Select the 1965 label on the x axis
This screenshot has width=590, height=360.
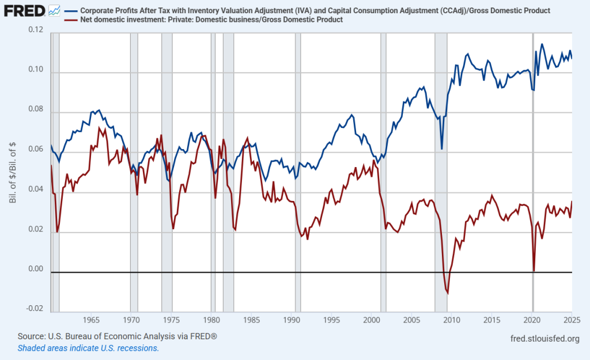(x=91, y=319)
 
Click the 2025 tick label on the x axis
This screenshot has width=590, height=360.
(x=572, y=319)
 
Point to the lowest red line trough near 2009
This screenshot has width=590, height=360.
(x=448, y=294)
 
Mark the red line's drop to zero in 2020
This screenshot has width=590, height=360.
(x=534, y=271)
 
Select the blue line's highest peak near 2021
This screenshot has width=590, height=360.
(x=542, y=44)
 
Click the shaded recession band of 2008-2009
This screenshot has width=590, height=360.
(x=441, y=173)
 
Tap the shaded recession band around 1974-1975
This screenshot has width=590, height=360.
(x=167, y=173)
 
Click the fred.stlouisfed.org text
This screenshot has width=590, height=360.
(x=545, y=338)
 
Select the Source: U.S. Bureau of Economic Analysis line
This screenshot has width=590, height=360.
(x=117, y=336)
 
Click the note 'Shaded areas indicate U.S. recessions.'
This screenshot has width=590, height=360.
(x=88, y=348)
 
